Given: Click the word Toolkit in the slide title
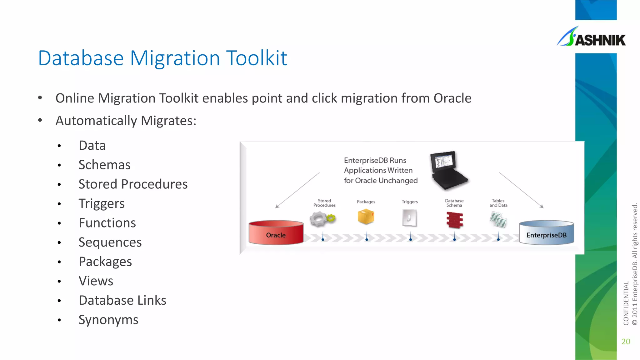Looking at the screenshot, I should pyautogui.click(x=257, y=58).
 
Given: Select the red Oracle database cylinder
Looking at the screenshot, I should pyautogui.click(x=276, y=233).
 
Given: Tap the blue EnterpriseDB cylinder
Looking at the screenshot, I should pyautogui.click(x=546, y=233).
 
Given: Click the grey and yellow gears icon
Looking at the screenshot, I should pyautogui.click(x=322, y=219).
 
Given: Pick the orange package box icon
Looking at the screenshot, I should pyautogui.click(x=366, y=217).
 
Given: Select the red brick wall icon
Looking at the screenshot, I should pyautogui.click(x=454, y=220).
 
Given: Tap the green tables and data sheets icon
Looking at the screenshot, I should pyautogui.click(x=498, y=219).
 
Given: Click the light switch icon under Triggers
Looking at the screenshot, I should pyautogui.click(x=409, y=218).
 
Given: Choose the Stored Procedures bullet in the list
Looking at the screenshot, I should pyautogui.click(x=133, y=184).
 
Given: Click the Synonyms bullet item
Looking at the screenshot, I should pyautogui.click(x=108, y=320).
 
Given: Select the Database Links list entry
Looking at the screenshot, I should pyautogui.click(x=122, y=301).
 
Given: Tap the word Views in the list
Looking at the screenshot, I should pyautogui.click(x=96, y=281).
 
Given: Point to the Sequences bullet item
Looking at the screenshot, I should pyautogui.click(x=110, y=242).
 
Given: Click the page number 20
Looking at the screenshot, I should pyautogui.click(x=626, y=342).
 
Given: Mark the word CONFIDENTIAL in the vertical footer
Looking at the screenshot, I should pyautogui.click(x=626, y=303).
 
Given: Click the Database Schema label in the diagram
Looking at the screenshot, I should pyautogui.click(x=454, y=203).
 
